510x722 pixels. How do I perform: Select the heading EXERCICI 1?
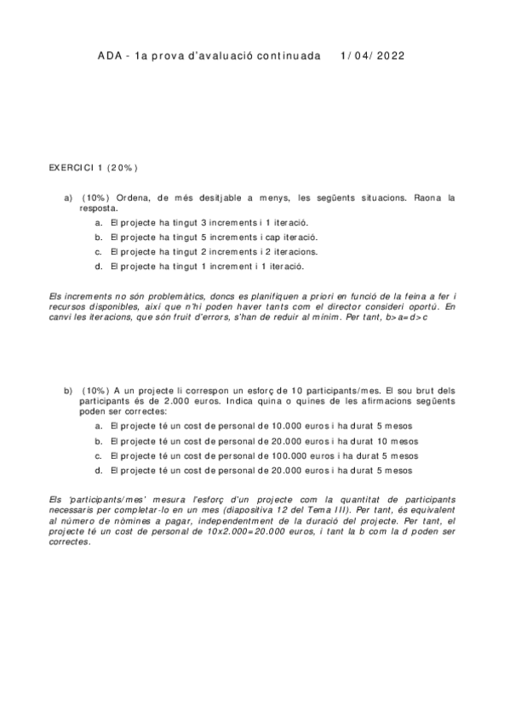77,167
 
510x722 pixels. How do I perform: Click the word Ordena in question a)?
133,198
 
